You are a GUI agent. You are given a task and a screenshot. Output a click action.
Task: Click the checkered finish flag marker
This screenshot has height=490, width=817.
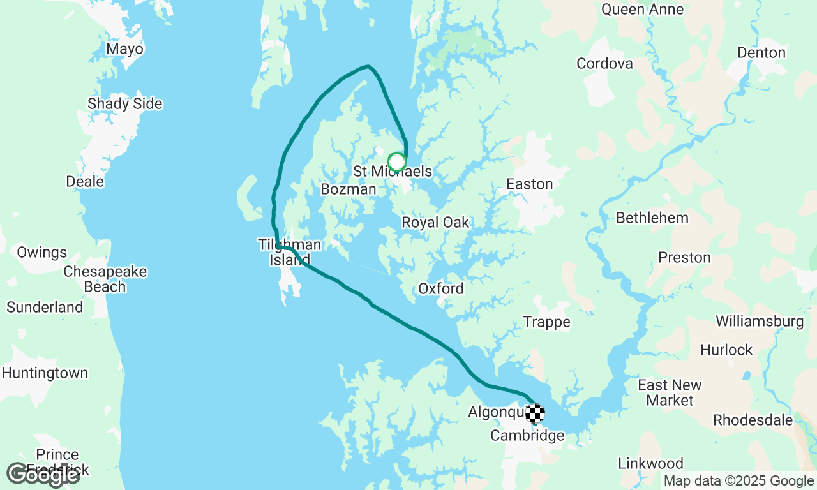(x=535, y=413)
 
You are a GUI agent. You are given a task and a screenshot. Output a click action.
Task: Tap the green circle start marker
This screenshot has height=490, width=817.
(x=396, y=162)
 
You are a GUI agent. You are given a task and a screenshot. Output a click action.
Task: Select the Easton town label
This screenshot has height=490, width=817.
(x=529, y=184)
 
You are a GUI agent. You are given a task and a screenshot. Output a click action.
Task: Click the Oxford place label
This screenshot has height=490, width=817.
(x=441, y=289)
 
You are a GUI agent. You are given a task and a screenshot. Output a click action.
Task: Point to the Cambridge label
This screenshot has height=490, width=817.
(x=527, y=436)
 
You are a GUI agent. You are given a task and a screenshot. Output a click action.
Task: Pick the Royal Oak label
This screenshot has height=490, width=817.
(x=435, y=223)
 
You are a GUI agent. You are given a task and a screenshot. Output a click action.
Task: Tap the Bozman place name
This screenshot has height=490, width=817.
(x=349, y=189)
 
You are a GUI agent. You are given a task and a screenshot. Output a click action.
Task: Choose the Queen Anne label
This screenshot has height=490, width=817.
(x=642, y=10)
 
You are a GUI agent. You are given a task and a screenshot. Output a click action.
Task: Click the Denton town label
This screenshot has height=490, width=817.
(x=761, y=53)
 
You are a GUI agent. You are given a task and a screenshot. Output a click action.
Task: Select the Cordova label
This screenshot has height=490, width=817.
(x=604, y=64)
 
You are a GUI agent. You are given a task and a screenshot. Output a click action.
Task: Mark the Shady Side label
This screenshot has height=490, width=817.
(x=125, y=104)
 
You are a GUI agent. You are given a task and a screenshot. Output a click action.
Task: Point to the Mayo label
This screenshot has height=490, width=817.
(x=125, y=49)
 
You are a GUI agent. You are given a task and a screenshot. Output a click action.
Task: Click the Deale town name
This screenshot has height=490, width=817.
(x=85, y=182)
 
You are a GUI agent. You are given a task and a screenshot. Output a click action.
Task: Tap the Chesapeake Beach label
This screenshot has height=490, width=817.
(x=105, y=279)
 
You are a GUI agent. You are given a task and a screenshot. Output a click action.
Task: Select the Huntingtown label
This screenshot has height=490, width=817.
(x=45, y=373)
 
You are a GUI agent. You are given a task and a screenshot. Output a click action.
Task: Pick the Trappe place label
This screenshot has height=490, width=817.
(x=546, y=322)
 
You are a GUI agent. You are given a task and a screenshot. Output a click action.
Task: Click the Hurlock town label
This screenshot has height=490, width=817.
(x=726, y=350)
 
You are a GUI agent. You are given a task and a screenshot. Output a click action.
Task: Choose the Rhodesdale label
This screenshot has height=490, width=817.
(x=753, y=420)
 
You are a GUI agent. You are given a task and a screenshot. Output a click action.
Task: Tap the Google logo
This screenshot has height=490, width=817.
(x=43, y=474)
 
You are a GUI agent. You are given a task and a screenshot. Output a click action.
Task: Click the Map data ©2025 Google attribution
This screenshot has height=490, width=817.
(x=738, y=481)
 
